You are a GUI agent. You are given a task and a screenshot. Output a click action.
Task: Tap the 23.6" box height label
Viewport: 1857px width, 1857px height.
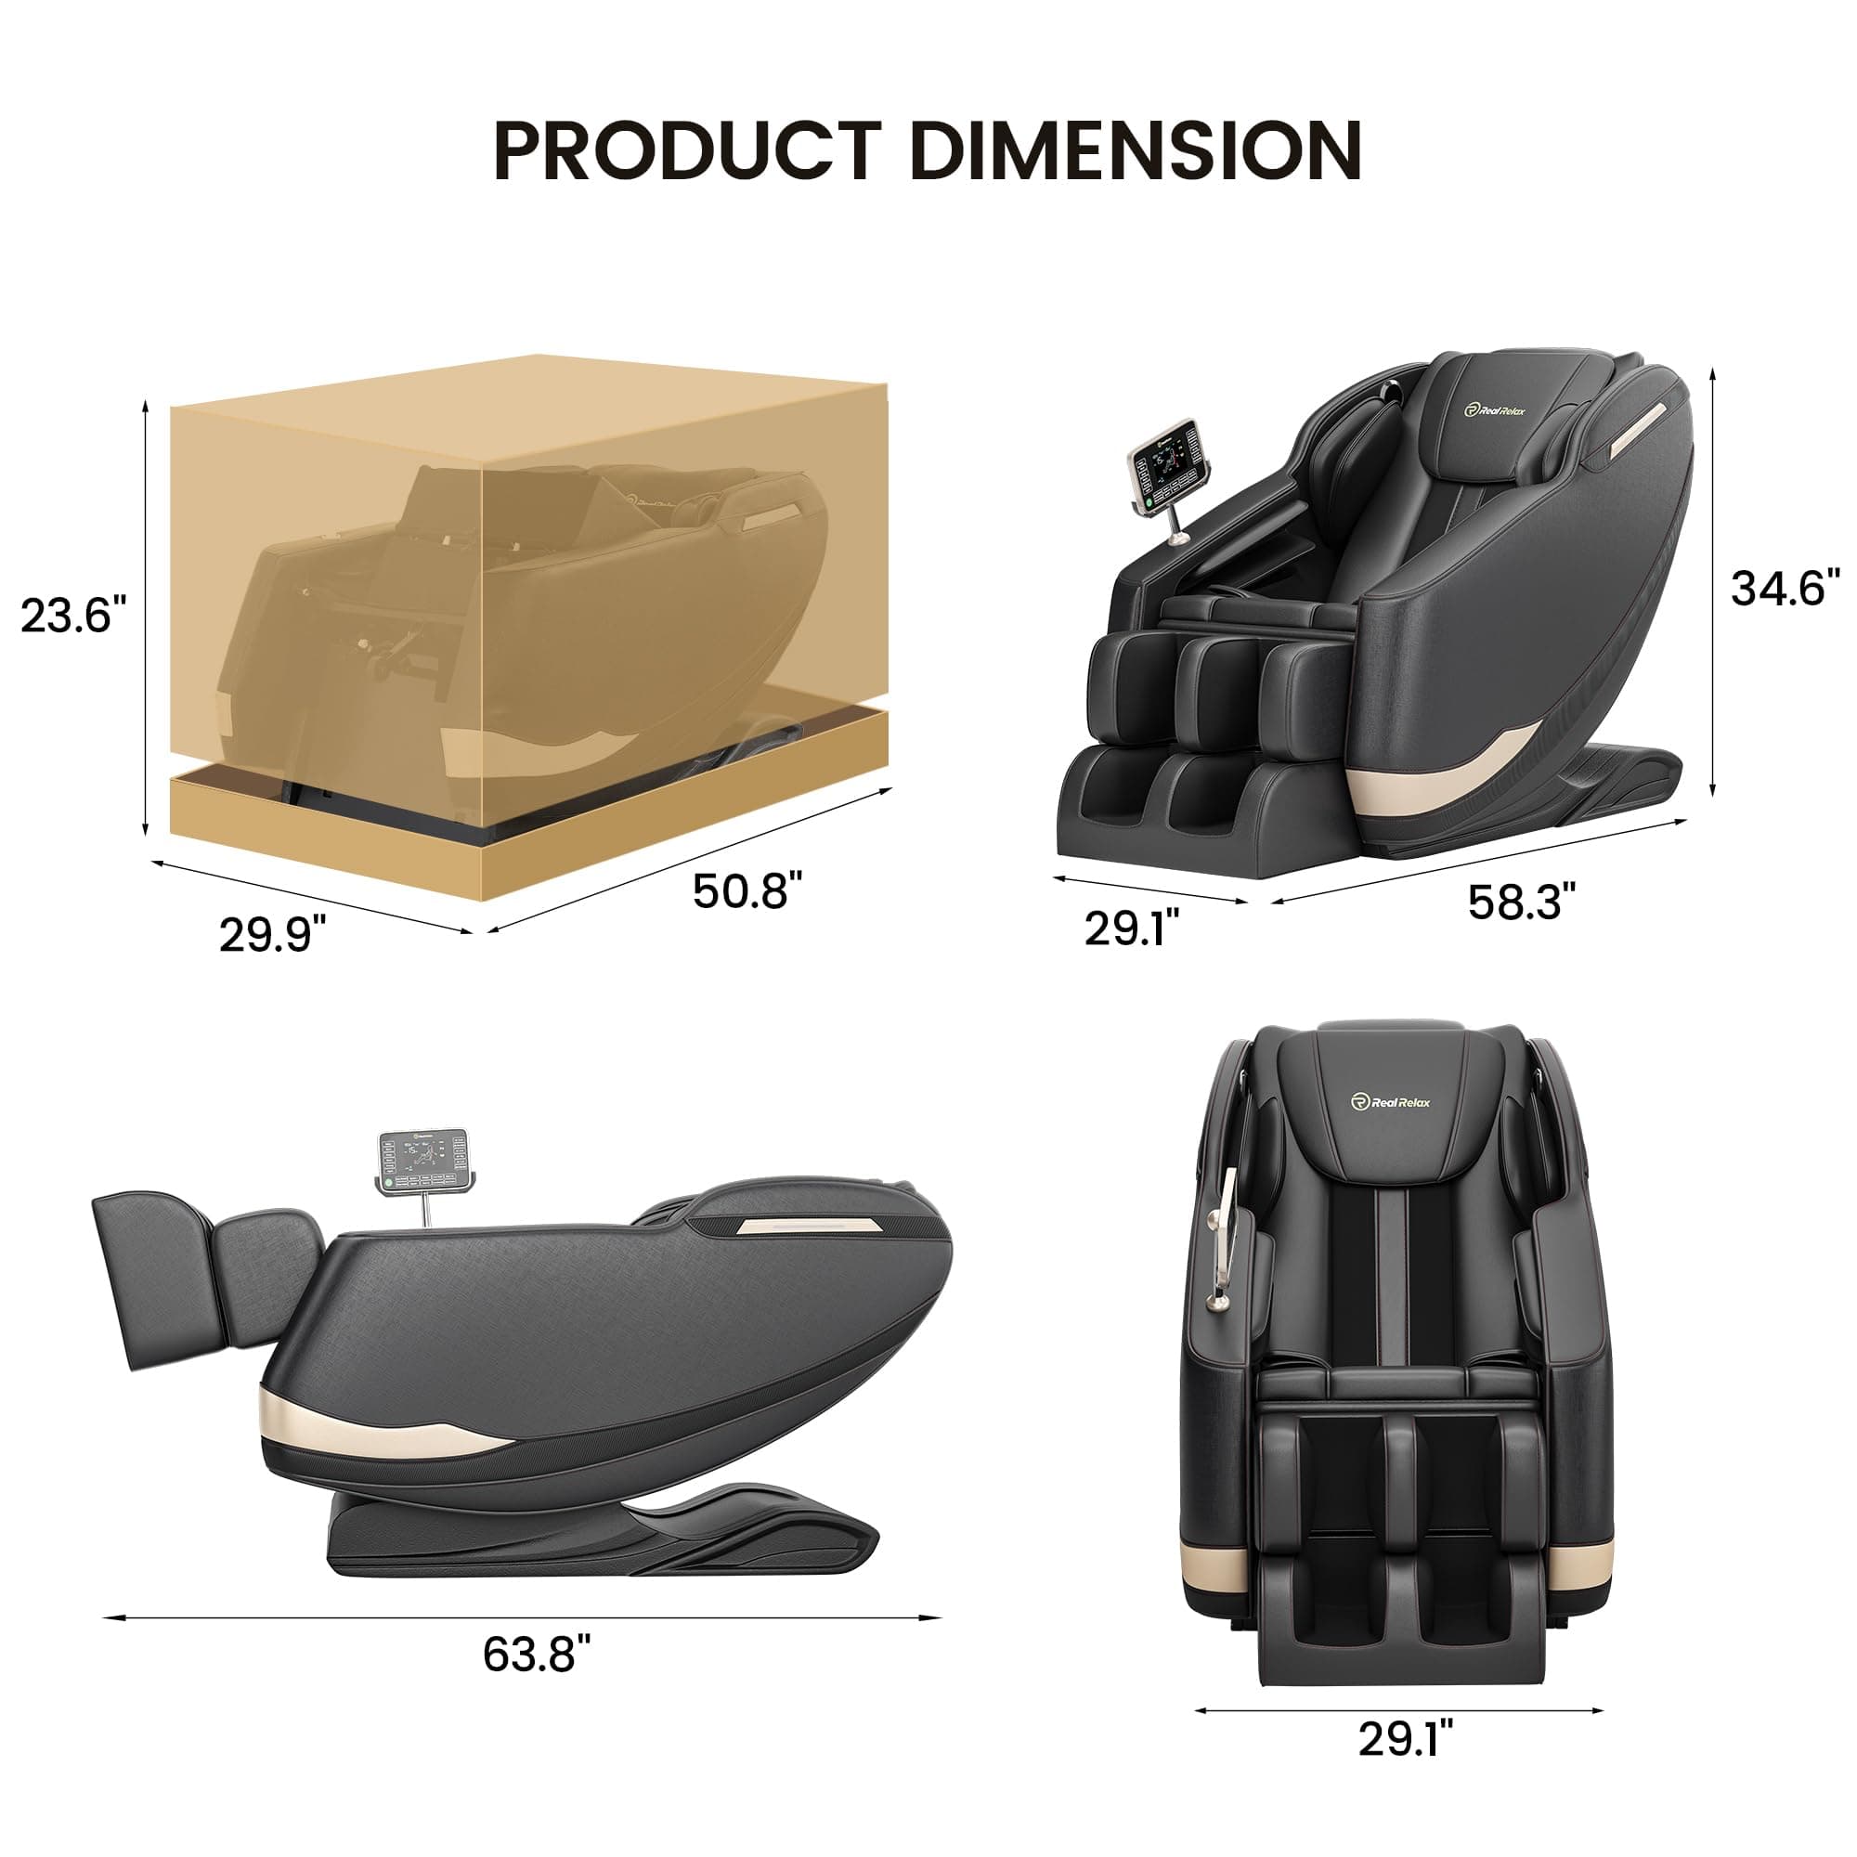73,616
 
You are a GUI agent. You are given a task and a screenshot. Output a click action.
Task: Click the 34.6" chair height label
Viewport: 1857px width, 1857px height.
1785,589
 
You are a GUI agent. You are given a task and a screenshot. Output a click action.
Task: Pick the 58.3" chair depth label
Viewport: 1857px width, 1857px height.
1522,902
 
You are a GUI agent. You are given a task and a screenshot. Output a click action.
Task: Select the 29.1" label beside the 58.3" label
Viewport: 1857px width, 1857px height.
1131,928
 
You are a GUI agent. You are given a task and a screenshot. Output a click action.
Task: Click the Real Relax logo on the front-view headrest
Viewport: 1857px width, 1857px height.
1390,1102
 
